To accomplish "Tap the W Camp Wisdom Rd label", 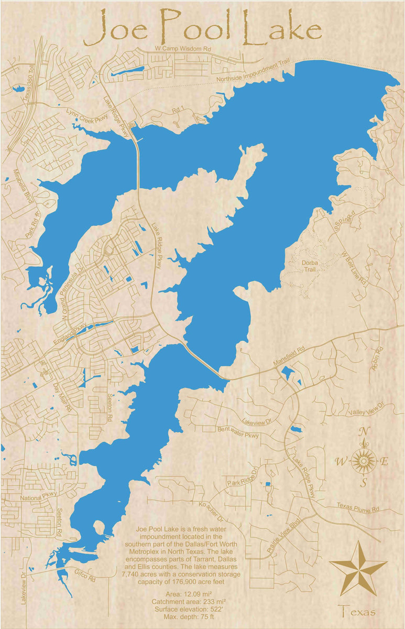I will [183, 49].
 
